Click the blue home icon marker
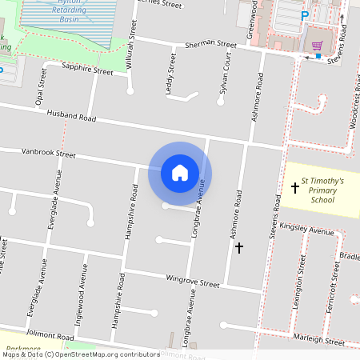pyautogui.click(x=180, y=172)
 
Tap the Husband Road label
pyautogui.click(x=71, y=117)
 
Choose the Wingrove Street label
pyautogui.click(x=192, y=282)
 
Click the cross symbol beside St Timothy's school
pyautogui.click(x=295, y=188)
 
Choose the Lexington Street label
pyautogui.click(x=302, y=274)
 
